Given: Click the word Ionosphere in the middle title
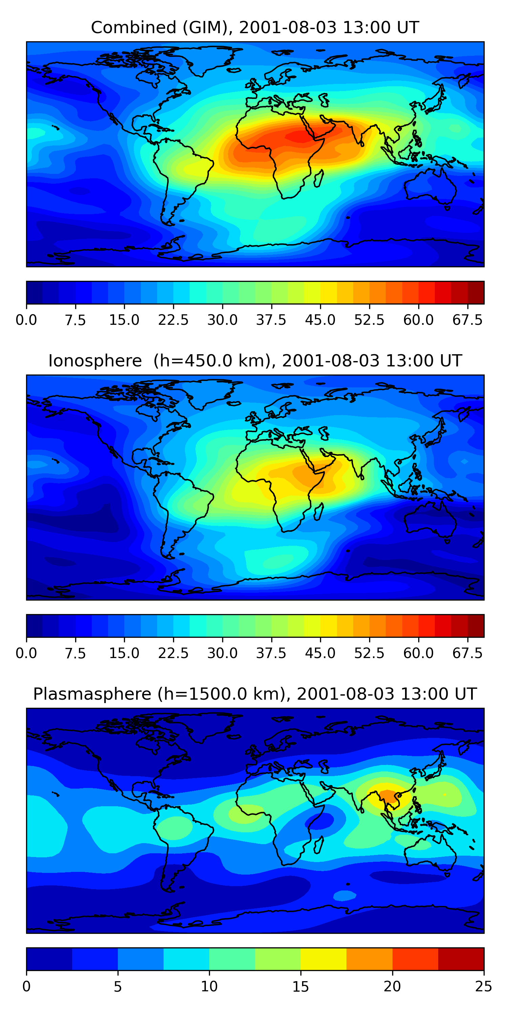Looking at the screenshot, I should click(x=95, y=361).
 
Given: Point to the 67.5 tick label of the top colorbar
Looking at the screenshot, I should click(x=467, y=320).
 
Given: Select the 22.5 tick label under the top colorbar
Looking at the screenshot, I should click(x=173, y=320).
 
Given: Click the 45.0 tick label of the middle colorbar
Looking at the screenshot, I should click(x=320, y=653).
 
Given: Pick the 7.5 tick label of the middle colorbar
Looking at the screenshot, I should click(x=75, y=653).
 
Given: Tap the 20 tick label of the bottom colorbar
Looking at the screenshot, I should click(x=392, y=986).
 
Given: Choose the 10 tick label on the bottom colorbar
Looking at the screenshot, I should click(x=209, y=986).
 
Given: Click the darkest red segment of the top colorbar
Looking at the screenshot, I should click(x=476, y=292).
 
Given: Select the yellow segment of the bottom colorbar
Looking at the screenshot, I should click(x=323, y=958).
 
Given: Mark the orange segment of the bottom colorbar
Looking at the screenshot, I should click(x=369, y=958).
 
